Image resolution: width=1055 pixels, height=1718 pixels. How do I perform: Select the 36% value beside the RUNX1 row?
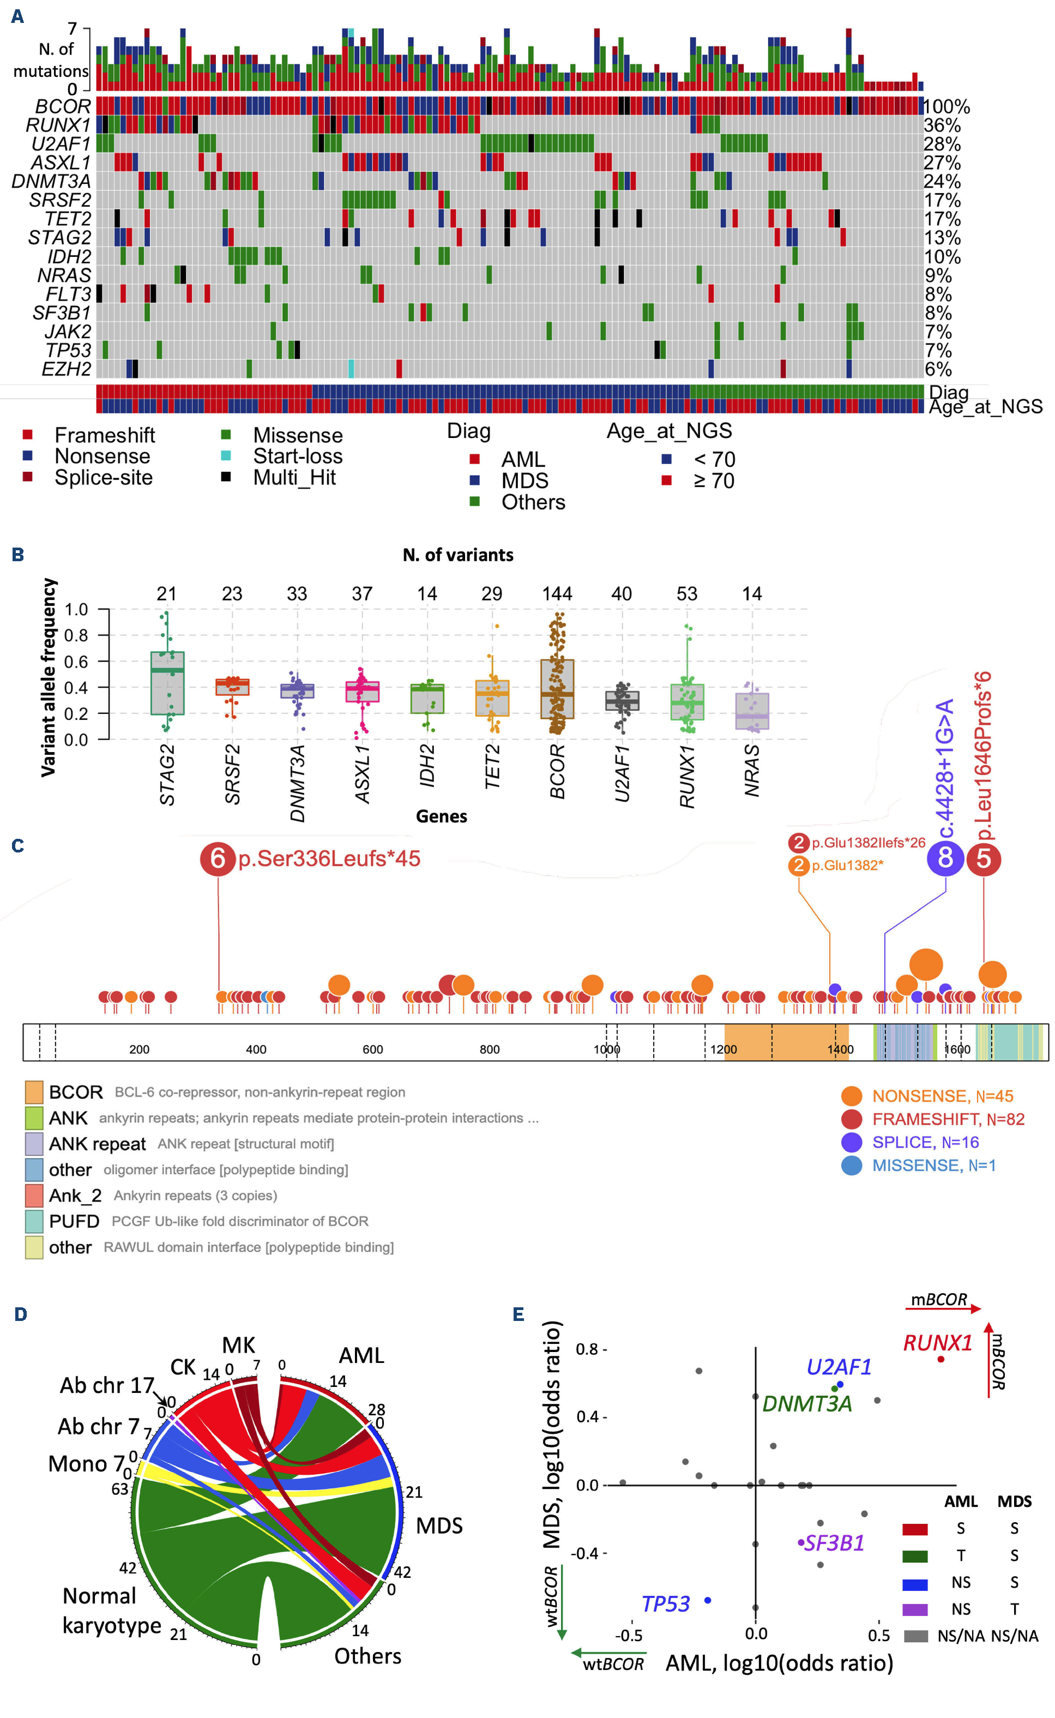(x=942, y=125)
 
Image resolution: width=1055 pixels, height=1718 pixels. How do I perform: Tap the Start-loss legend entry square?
(x=225, y=455)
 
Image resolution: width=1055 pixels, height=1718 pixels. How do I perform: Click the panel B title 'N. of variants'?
(x=458, y=555)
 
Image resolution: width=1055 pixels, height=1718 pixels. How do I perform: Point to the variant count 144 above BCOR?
(x=557, y=594)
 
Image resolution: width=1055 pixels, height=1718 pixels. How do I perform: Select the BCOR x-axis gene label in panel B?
(x=557, y=771)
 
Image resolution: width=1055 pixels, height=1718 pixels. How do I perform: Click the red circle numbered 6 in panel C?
(x=218, y=859)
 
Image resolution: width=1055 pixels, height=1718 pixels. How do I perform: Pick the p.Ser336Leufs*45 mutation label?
(x=329, y=859)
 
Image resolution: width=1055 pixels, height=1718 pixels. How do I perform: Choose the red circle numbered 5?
(x=984, y=858)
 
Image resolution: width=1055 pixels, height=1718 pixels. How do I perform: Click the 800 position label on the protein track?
(x=490, y=1049)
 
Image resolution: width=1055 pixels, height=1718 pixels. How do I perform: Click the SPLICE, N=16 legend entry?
(x=925, y=1142)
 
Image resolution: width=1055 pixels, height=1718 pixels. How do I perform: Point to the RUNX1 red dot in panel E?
(x=941, y=1359)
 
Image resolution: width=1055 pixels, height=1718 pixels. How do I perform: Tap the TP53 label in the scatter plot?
(x=665, y=1604)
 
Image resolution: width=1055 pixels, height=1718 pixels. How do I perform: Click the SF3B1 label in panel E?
(x=835, y=1543)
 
